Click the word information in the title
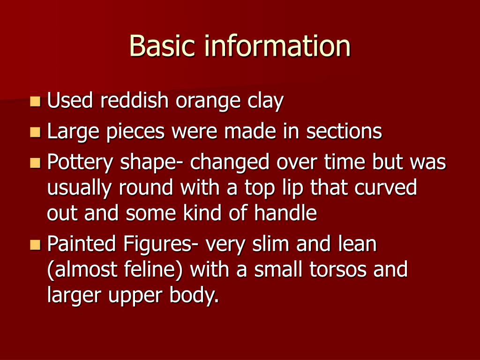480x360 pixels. [277, 46]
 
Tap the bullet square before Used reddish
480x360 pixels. [35, 101]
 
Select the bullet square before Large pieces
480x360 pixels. [35, 132]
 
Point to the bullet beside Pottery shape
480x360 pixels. [35, 163]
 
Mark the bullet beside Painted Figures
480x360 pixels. [35, 245]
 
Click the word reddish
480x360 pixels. [135, 101]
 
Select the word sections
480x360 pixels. [344, 132]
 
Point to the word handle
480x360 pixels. [285, 214]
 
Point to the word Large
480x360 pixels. [70, 133]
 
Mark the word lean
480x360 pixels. [358, 245]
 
